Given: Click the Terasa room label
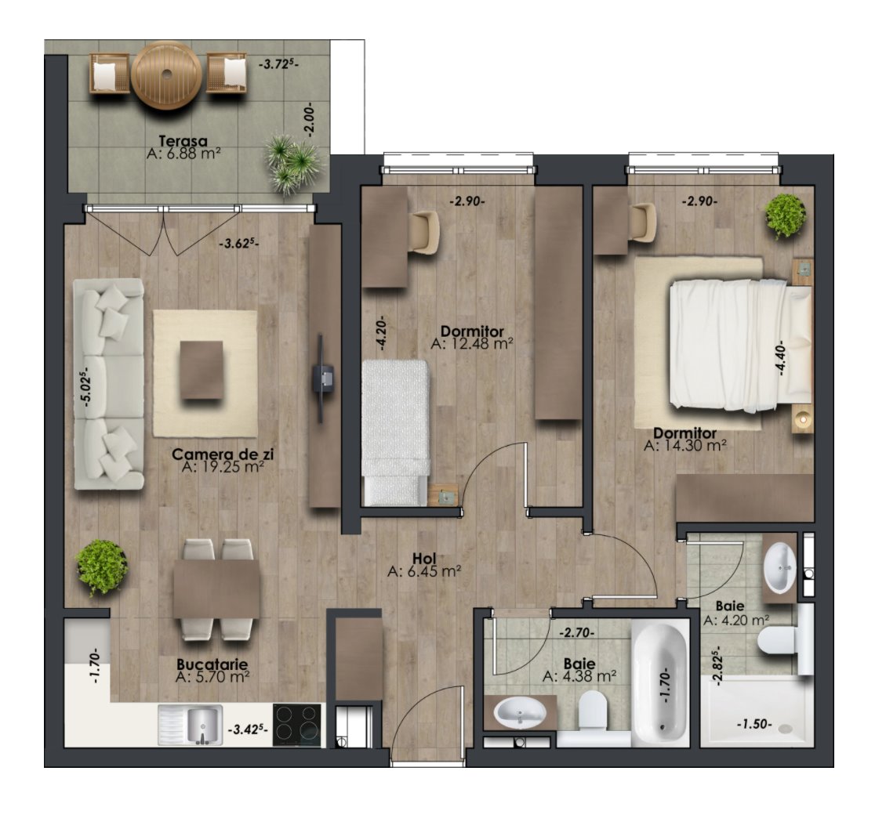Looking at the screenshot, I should [x=182, y=141].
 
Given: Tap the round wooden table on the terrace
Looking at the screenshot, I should [x=165, y=74].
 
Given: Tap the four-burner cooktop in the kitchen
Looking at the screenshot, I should [x=298, y=724].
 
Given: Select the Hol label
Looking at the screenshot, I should [x=423, y=558].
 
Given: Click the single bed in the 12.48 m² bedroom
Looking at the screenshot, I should [x=396, y=431].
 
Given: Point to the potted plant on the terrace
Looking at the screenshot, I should [x=292, y=163].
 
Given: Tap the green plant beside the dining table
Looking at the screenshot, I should [x=101, y=566].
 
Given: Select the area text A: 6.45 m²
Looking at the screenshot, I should [x=423, y=572].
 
